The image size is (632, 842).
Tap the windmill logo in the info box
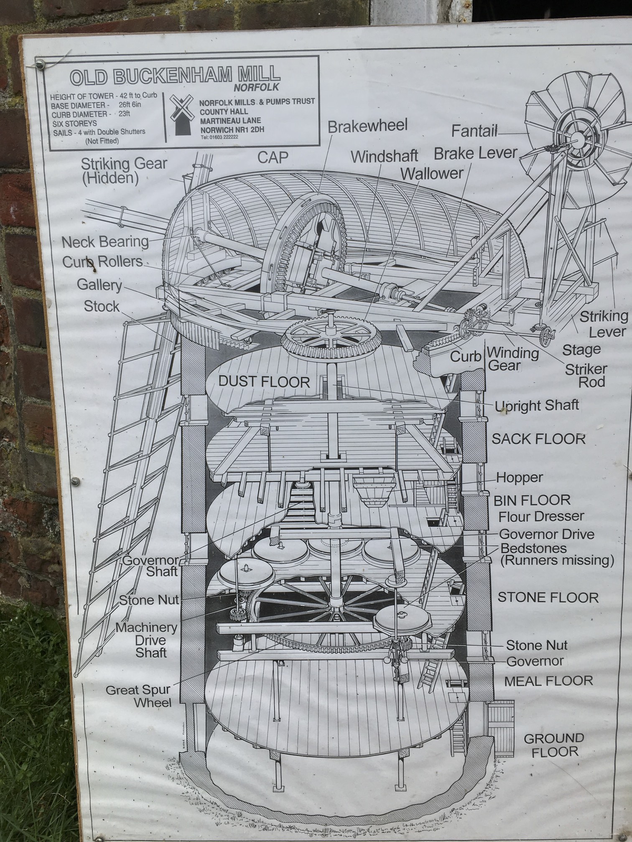point(182,113)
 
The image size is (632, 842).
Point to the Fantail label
point(474,131)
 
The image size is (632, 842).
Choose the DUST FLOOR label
point(265,382)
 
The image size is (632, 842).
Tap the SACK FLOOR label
point(538,439)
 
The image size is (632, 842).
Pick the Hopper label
point(520,477)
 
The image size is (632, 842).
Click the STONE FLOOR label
point(548,597)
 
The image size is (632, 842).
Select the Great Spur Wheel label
point(138,696)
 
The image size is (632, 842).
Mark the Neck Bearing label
point(105,242)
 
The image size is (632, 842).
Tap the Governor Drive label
point(546,534)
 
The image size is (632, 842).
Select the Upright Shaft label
point(537,406)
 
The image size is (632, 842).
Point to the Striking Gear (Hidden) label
point(124,170)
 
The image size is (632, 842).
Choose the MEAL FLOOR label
point(548,681)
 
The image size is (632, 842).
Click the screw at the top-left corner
point(40,63)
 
